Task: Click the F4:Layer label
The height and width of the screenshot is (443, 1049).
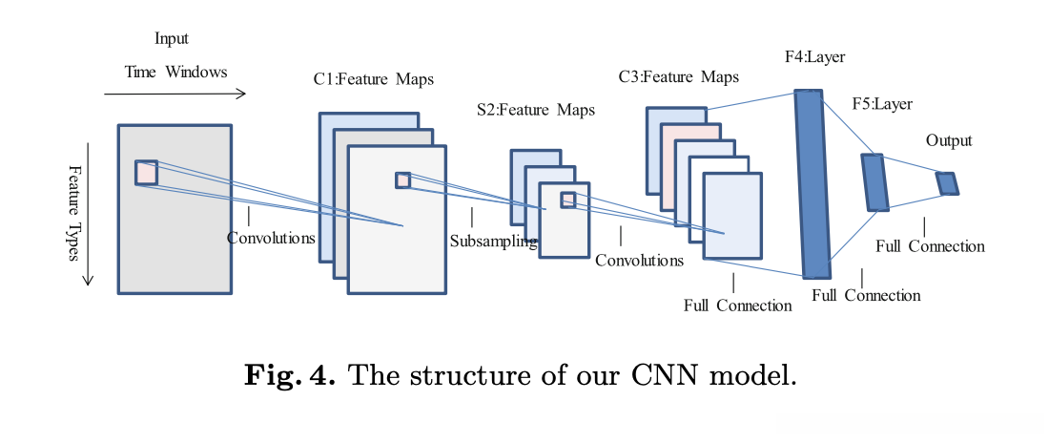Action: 814,57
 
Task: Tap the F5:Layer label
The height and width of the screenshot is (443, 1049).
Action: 882,104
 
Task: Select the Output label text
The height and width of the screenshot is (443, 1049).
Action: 949,140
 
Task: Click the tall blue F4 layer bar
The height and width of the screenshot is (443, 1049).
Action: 812,183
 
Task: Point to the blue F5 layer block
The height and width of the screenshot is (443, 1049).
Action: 874,182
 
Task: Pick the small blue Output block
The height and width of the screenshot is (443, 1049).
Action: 947,183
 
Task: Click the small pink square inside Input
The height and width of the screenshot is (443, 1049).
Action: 146,172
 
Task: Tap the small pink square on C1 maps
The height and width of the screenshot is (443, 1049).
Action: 402,180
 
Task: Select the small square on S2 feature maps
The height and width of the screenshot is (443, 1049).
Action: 568,200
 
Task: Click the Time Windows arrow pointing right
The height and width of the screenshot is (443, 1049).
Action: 175,94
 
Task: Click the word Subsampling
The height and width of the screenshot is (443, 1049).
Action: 493,242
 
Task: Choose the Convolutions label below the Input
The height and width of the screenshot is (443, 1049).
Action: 271,238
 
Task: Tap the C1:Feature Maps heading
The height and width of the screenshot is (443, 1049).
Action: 373,79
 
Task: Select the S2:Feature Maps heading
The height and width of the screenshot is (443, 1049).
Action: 535,110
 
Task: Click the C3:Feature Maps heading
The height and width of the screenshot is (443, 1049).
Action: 678,77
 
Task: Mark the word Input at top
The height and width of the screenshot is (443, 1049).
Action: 172,38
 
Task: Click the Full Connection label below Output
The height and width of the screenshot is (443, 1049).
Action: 930,246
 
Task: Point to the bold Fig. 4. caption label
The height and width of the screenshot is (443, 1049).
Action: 289,374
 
